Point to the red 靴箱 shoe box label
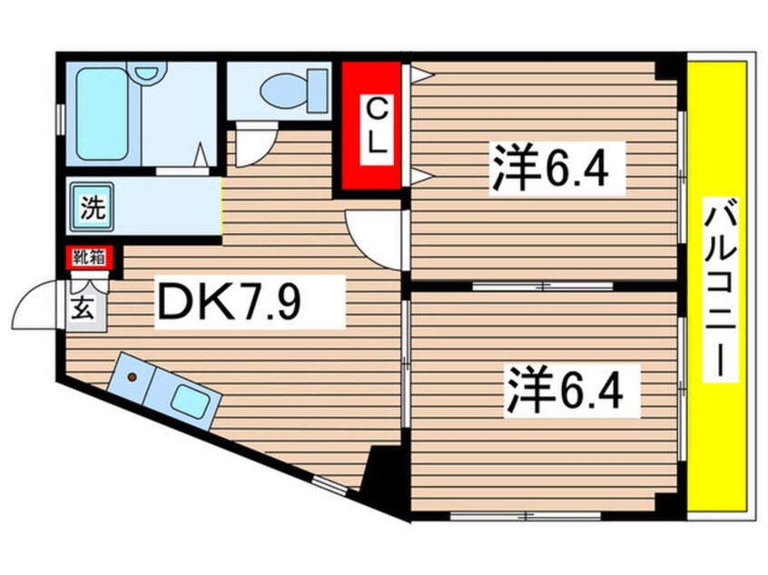(88, 258)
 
